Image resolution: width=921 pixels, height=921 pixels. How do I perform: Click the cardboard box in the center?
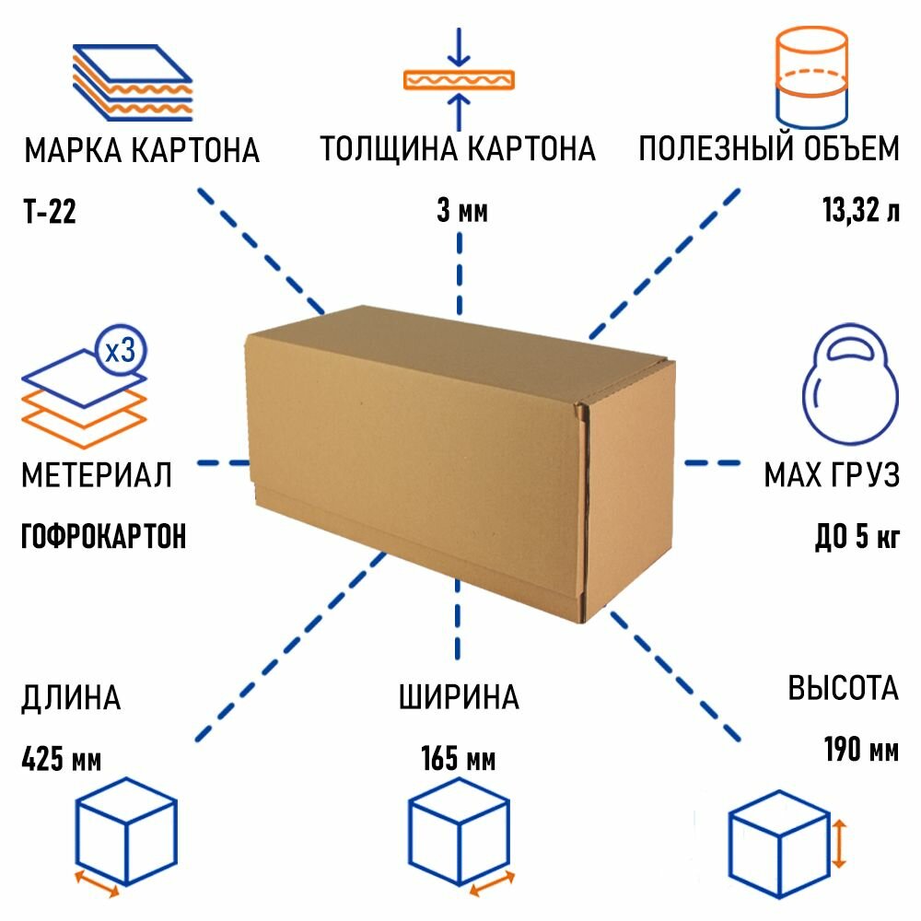point(460,460)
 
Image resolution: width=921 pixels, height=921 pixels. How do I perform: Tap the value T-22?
point(49,214)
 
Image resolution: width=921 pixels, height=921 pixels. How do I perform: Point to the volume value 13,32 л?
point(860,214)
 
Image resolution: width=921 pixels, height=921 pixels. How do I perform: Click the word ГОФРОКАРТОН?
point(103,535)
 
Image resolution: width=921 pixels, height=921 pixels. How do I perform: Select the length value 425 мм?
point(61,760)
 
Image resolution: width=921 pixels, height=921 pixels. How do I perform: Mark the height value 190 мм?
point(860,751)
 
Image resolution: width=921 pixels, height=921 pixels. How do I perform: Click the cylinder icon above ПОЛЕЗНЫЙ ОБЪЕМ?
point(810,78)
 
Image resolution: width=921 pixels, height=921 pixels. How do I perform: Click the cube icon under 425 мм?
point(124,829)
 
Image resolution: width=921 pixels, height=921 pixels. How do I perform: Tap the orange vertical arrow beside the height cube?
point(839,844)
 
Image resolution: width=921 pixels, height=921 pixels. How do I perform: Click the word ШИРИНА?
point(459,697)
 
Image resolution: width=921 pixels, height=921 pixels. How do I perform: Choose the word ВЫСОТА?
point(842,688)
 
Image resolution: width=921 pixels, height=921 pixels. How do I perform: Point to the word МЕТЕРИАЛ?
point(96,476)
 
